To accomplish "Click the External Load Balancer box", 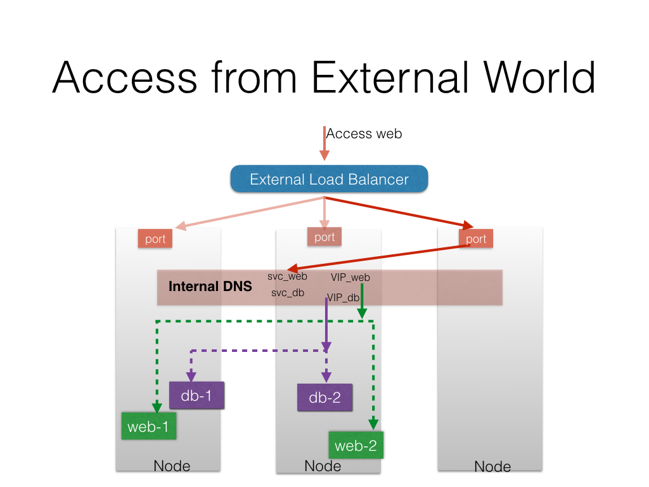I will [329, 179].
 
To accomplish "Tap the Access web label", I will [364, 134].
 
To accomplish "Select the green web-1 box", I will [148, 426].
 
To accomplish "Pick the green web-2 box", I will [356, 446].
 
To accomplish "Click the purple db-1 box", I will [196, 396].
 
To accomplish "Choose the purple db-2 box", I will [324, 398].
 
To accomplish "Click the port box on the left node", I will [155, 238].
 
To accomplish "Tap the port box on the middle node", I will [324, 237].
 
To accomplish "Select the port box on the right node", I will [476, 238].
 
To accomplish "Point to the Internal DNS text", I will [210, 287].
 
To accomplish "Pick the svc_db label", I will [288, 293].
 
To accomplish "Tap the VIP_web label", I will [350, 277].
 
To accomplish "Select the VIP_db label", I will [344, 297].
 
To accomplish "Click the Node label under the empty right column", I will [492, 467].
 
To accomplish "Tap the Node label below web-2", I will [323, 466].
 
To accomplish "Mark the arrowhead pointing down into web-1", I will [156, 407].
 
